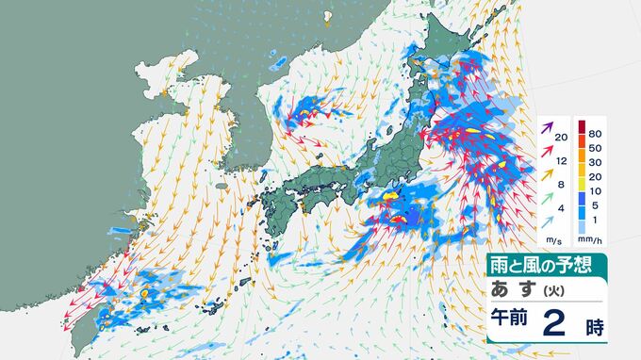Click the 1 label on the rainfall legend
pos(594,221)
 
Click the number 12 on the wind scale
pos(562,162)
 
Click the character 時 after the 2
pos(594,326)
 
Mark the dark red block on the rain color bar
pos(581,127)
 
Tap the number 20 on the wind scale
pos(562,139)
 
